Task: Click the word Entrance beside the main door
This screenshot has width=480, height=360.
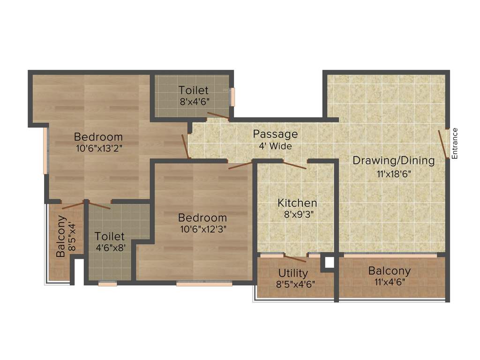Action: click(x=454, y=143)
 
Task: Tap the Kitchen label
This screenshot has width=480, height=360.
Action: click(x=297, y=203)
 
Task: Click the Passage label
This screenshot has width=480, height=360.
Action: click(x=275, y=134)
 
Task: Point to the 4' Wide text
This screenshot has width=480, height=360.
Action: click(x=275, y=146)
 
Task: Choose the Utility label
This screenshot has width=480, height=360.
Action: click(x=293, y=273)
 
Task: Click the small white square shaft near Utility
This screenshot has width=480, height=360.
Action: click(x=330, y=262)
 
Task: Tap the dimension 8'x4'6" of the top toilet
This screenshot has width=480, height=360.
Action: click(x=193, y=101)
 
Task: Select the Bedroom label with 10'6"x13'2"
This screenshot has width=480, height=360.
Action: click(x=98, y=137)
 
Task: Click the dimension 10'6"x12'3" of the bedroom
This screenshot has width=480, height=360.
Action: click(x=202, y=230)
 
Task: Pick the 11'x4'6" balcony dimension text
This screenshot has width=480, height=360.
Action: click(x=389, y=282)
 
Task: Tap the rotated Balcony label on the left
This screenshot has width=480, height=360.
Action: click(x=60, y=236)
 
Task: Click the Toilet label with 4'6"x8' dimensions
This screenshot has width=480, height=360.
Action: click(x=110, y=236)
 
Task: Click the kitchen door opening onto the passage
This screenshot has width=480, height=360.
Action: click(x=294, y=165)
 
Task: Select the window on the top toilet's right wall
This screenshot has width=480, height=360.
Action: click(x=232, y=97)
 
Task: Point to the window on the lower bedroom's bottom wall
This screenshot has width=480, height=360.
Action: click(x=204, y=284)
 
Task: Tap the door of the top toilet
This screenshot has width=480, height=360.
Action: click(x=218, y=115)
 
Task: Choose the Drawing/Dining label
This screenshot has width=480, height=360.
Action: click(x=393, y=160)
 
